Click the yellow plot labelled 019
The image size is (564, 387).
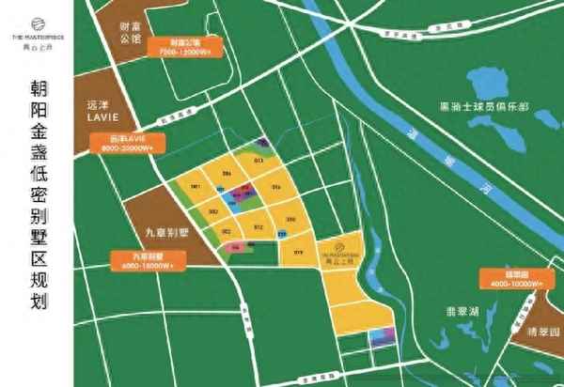(299, 252)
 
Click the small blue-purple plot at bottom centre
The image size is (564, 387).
(381, 338)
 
